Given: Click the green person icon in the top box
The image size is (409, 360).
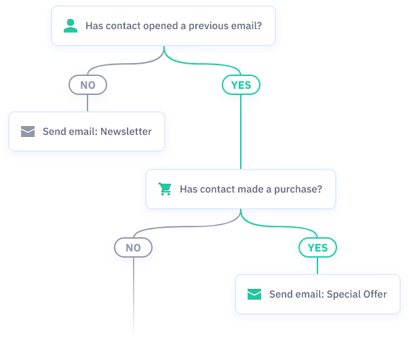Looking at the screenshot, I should pyautogui.click(x=71, y=26).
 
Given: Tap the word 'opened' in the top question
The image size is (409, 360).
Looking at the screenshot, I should pyautogui.click(x=160, y=26).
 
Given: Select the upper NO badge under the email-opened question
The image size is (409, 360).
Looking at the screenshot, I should pyautogui.click(x=87, y=85).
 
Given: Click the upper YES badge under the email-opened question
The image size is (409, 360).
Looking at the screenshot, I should pyautogui.click(x=241, y=85).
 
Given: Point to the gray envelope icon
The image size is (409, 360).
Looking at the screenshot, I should pyautogui.click(x=28, y=132).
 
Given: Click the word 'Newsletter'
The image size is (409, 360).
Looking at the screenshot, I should pyautogui.click(x=126, y=132).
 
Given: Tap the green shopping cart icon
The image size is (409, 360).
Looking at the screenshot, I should pyautogui.click(x=165, y=189).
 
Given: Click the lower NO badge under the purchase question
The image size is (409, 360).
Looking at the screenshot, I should pyautogui.click(x=133, y=247).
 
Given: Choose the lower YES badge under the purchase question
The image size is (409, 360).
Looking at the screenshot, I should pyautogui.click(x=317, y=247).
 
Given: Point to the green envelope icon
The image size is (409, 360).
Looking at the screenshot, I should pyautogui.click(x=254, y=294).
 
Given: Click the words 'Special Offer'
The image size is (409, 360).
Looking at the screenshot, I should pyautogui.click(x=357, y=294).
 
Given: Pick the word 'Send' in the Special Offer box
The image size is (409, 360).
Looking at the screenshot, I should pyautogui.click(x=281, y=294).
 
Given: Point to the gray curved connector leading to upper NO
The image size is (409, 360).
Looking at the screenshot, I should pyautogui.click(x=115, y=66).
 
